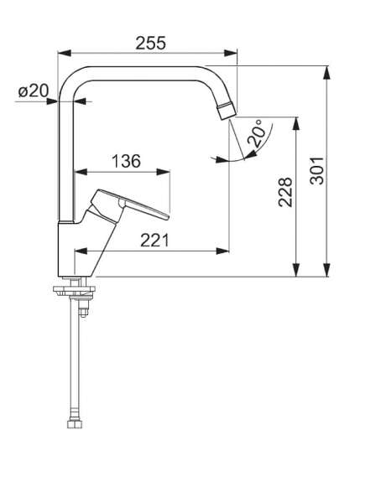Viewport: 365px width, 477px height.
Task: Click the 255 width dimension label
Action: tap(151, 43)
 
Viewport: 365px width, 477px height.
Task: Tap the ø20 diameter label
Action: tap(34, 91)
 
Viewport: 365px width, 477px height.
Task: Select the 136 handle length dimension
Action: tap(127, 161)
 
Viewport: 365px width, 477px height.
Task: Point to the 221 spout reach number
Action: tap(154, 241)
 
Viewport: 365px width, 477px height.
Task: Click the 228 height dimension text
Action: tap(285, 192)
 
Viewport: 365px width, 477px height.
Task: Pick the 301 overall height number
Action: tap(316, 170)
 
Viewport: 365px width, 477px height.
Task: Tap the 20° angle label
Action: tap(255, 133)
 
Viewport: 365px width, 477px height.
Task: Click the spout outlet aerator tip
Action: tap(227, 111)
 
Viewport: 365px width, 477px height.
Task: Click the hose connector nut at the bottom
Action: tap(75, 424)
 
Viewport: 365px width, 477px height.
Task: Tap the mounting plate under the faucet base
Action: tap(75, 291)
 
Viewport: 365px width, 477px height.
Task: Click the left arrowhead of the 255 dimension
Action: tap(65, 53)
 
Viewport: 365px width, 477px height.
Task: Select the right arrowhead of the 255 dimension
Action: tap(230, 53)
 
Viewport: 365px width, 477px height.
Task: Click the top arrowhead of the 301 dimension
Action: tap(326, 72)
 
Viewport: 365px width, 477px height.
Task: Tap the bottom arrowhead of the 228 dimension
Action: tap(296, 270)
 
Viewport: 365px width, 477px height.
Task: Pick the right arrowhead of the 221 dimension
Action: tap(222, 251)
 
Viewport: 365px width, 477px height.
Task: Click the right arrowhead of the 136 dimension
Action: tap(163, 172)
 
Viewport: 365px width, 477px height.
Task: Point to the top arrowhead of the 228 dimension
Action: tap(296, 124)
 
